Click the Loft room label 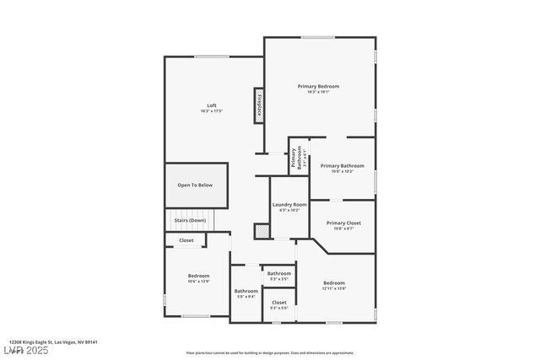coord(212,105)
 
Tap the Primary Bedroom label coord(318,87)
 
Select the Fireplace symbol coord(260,105)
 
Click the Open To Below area coord(195,185)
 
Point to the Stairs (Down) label coord(190,220)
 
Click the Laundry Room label coord(289,204)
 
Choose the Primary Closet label coord(343,223)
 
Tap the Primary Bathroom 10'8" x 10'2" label coord(342,166)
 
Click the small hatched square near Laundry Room coord(262,231)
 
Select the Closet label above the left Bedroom coord(186,240)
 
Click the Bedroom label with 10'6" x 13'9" coord(198,276)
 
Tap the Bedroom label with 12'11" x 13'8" coord(334,282)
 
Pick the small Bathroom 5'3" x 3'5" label coord(279,273)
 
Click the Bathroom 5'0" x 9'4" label coord(246,291)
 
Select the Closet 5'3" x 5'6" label coord(279,302)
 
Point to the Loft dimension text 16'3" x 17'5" coord(212,111)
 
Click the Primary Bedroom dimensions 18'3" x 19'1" coord(318,93)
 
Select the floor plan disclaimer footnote coord(269,353)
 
